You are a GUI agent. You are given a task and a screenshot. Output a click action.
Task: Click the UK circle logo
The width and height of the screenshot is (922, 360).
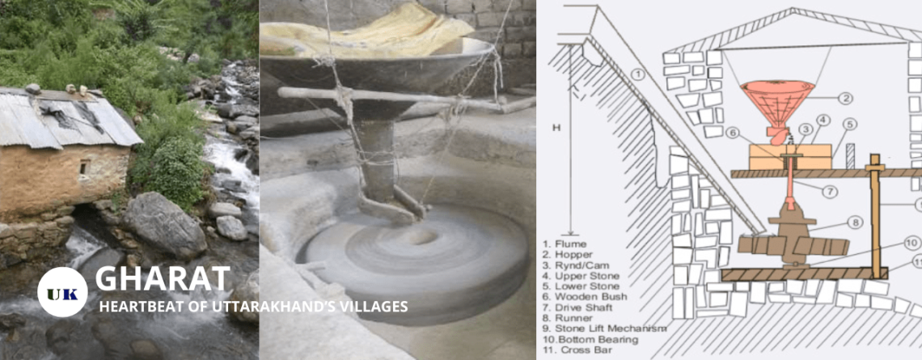pos(62,292)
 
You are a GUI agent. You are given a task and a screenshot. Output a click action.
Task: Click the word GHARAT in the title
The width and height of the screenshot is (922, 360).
pos(163,278)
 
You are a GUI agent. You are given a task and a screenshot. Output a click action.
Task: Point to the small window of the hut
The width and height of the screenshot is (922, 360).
pos(84,167)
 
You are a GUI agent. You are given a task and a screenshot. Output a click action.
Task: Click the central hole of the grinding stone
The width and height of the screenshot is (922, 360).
pos(422,237)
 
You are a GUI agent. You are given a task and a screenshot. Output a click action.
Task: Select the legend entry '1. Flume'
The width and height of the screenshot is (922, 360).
pos(565,243)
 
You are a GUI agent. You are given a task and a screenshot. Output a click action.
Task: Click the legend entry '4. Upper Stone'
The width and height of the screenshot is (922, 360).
pos(581,275)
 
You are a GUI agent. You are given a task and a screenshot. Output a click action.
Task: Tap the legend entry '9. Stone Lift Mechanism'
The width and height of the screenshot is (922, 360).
pos(604,328)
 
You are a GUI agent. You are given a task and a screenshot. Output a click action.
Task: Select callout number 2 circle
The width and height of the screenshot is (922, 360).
pos(845,98)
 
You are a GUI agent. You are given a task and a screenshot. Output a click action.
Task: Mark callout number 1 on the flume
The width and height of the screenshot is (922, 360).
pos(639,75)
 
